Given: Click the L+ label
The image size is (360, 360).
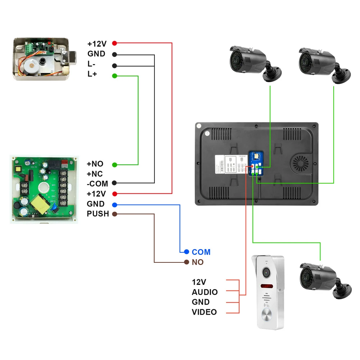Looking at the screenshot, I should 92,74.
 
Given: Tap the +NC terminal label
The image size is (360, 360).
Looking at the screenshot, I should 95,174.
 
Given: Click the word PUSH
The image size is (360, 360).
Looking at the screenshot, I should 98,214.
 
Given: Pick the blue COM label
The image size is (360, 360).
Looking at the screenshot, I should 201,252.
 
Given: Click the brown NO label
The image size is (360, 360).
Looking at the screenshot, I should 198,262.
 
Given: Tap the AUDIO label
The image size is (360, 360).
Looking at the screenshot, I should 204,292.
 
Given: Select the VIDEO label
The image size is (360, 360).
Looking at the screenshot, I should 204,312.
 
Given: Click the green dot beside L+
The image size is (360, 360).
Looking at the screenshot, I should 114,76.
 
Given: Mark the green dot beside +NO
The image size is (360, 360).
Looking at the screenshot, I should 114,165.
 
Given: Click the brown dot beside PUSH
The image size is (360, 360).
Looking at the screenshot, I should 114,214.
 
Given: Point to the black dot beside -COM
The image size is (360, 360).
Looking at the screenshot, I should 114,183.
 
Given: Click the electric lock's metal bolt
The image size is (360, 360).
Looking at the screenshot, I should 72,57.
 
